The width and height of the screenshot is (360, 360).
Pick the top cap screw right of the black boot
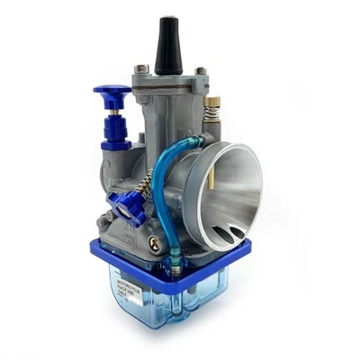pos(201,70)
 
